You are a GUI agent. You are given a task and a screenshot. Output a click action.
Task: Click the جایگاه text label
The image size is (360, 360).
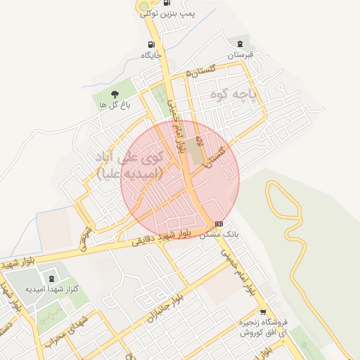152,55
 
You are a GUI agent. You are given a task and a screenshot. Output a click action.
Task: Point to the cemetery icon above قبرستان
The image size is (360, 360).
244,44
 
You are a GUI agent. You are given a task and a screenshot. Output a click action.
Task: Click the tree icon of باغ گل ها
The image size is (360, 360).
115,94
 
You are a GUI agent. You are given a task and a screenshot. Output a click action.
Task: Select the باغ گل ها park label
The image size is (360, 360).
115,105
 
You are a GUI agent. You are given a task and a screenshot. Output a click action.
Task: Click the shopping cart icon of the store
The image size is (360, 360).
262,311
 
